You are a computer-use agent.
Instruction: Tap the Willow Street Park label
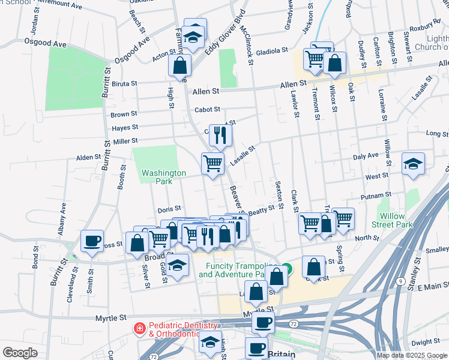[x=396, y=220]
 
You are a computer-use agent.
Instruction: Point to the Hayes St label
[x=125, y=127]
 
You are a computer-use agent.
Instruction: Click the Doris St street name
[x=169, y=209]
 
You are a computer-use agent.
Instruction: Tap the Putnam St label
[x=376, y=196]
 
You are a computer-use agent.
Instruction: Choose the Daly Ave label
[x=366, y=155]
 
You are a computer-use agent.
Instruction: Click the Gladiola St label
[x=273, y=52]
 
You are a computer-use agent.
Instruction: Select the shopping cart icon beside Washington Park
[x=212, y=163]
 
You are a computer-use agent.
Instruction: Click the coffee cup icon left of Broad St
[x=92, y=241]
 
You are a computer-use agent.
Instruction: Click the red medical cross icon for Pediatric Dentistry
[x=139, y=328]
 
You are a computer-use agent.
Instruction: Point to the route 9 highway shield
[x=400, y=280]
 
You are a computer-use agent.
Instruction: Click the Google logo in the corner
[x=20, y=353]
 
